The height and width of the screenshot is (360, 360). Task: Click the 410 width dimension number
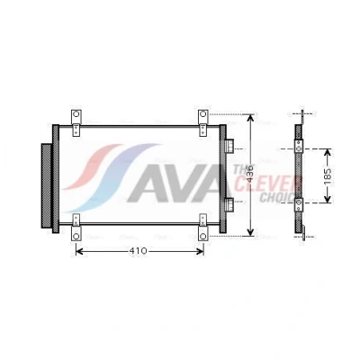tap(139, 251)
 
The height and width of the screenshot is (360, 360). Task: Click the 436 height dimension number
tap(251, 174)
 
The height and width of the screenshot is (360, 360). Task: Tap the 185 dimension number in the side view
tap(328, 176)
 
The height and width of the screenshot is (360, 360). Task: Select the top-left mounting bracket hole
tap(76, 114)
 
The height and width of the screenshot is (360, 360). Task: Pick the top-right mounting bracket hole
tap(203, 114)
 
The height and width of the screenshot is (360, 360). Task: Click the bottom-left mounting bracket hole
tap(76, 237)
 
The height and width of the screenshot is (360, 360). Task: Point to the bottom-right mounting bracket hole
tap(203, 237)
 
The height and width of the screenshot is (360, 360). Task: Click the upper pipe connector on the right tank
tap(229, 147)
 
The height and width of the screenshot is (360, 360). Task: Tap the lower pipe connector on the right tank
tap(229, 205)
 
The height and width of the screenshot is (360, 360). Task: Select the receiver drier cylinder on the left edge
tap(46, 185)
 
